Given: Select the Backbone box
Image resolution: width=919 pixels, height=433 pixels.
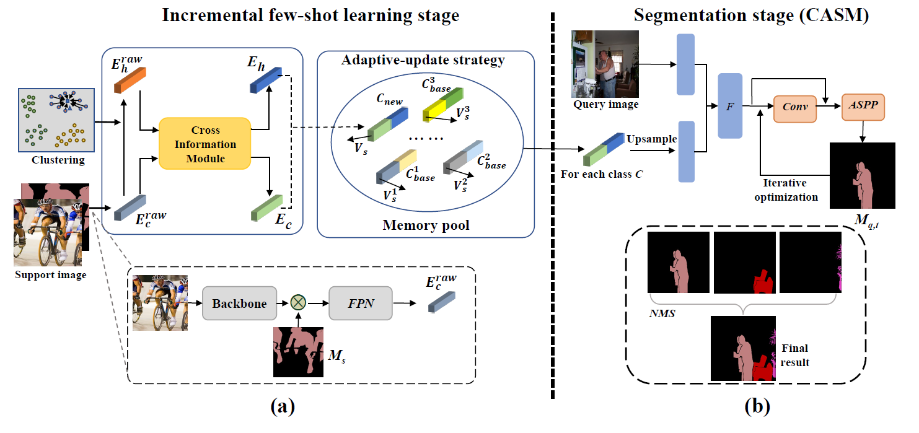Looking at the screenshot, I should tap(239, 304).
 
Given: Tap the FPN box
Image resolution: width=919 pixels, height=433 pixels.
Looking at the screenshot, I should tap(361, 304).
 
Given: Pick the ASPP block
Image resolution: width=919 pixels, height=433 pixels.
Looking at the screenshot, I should tap(863, 107).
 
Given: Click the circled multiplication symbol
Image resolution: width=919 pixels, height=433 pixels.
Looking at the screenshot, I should tap(299, 304).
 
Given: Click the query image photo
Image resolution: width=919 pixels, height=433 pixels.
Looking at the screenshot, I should tap(604, 64).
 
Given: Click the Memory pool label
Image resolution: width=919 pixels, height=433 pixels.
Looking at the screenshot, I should tap(426, 225).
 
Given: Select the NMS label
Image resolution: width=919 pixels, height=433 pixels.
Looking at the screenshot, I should tap(662, 313).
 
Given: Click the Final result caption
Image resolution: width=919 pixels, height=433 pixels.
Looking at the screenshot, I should tap(795, 355).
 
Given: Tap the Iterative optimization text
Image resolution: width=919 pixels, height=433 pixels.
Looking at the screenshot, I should tap(790, 190).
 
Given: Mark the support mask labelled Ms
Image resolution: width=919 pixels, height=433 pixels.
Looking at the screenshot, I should tap(299, 351).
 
